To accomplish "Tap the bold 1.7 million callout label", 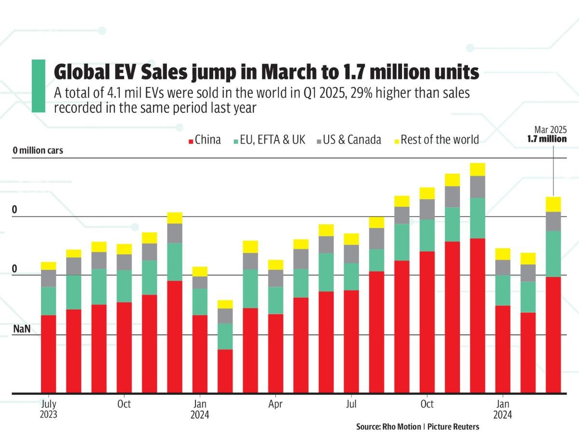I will point(547,139).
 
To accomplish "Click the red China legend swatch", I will point(191,141).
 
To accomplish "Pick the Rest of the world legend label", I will point(440,140).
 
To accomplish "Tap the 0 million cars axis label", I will point(38,150).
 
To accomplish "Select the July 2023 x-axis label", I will point(48,408).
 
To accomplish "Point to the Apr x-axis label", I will point(275,403).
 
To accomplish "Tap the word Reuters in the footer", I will point(466,427).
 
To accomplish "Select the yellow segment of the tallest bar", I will point(477,169).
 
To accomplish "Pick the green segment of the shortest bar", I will point(225,336).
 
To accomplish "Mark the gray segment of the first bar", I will point(48,278).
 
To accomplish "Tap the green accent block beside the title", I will point(38,86).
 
